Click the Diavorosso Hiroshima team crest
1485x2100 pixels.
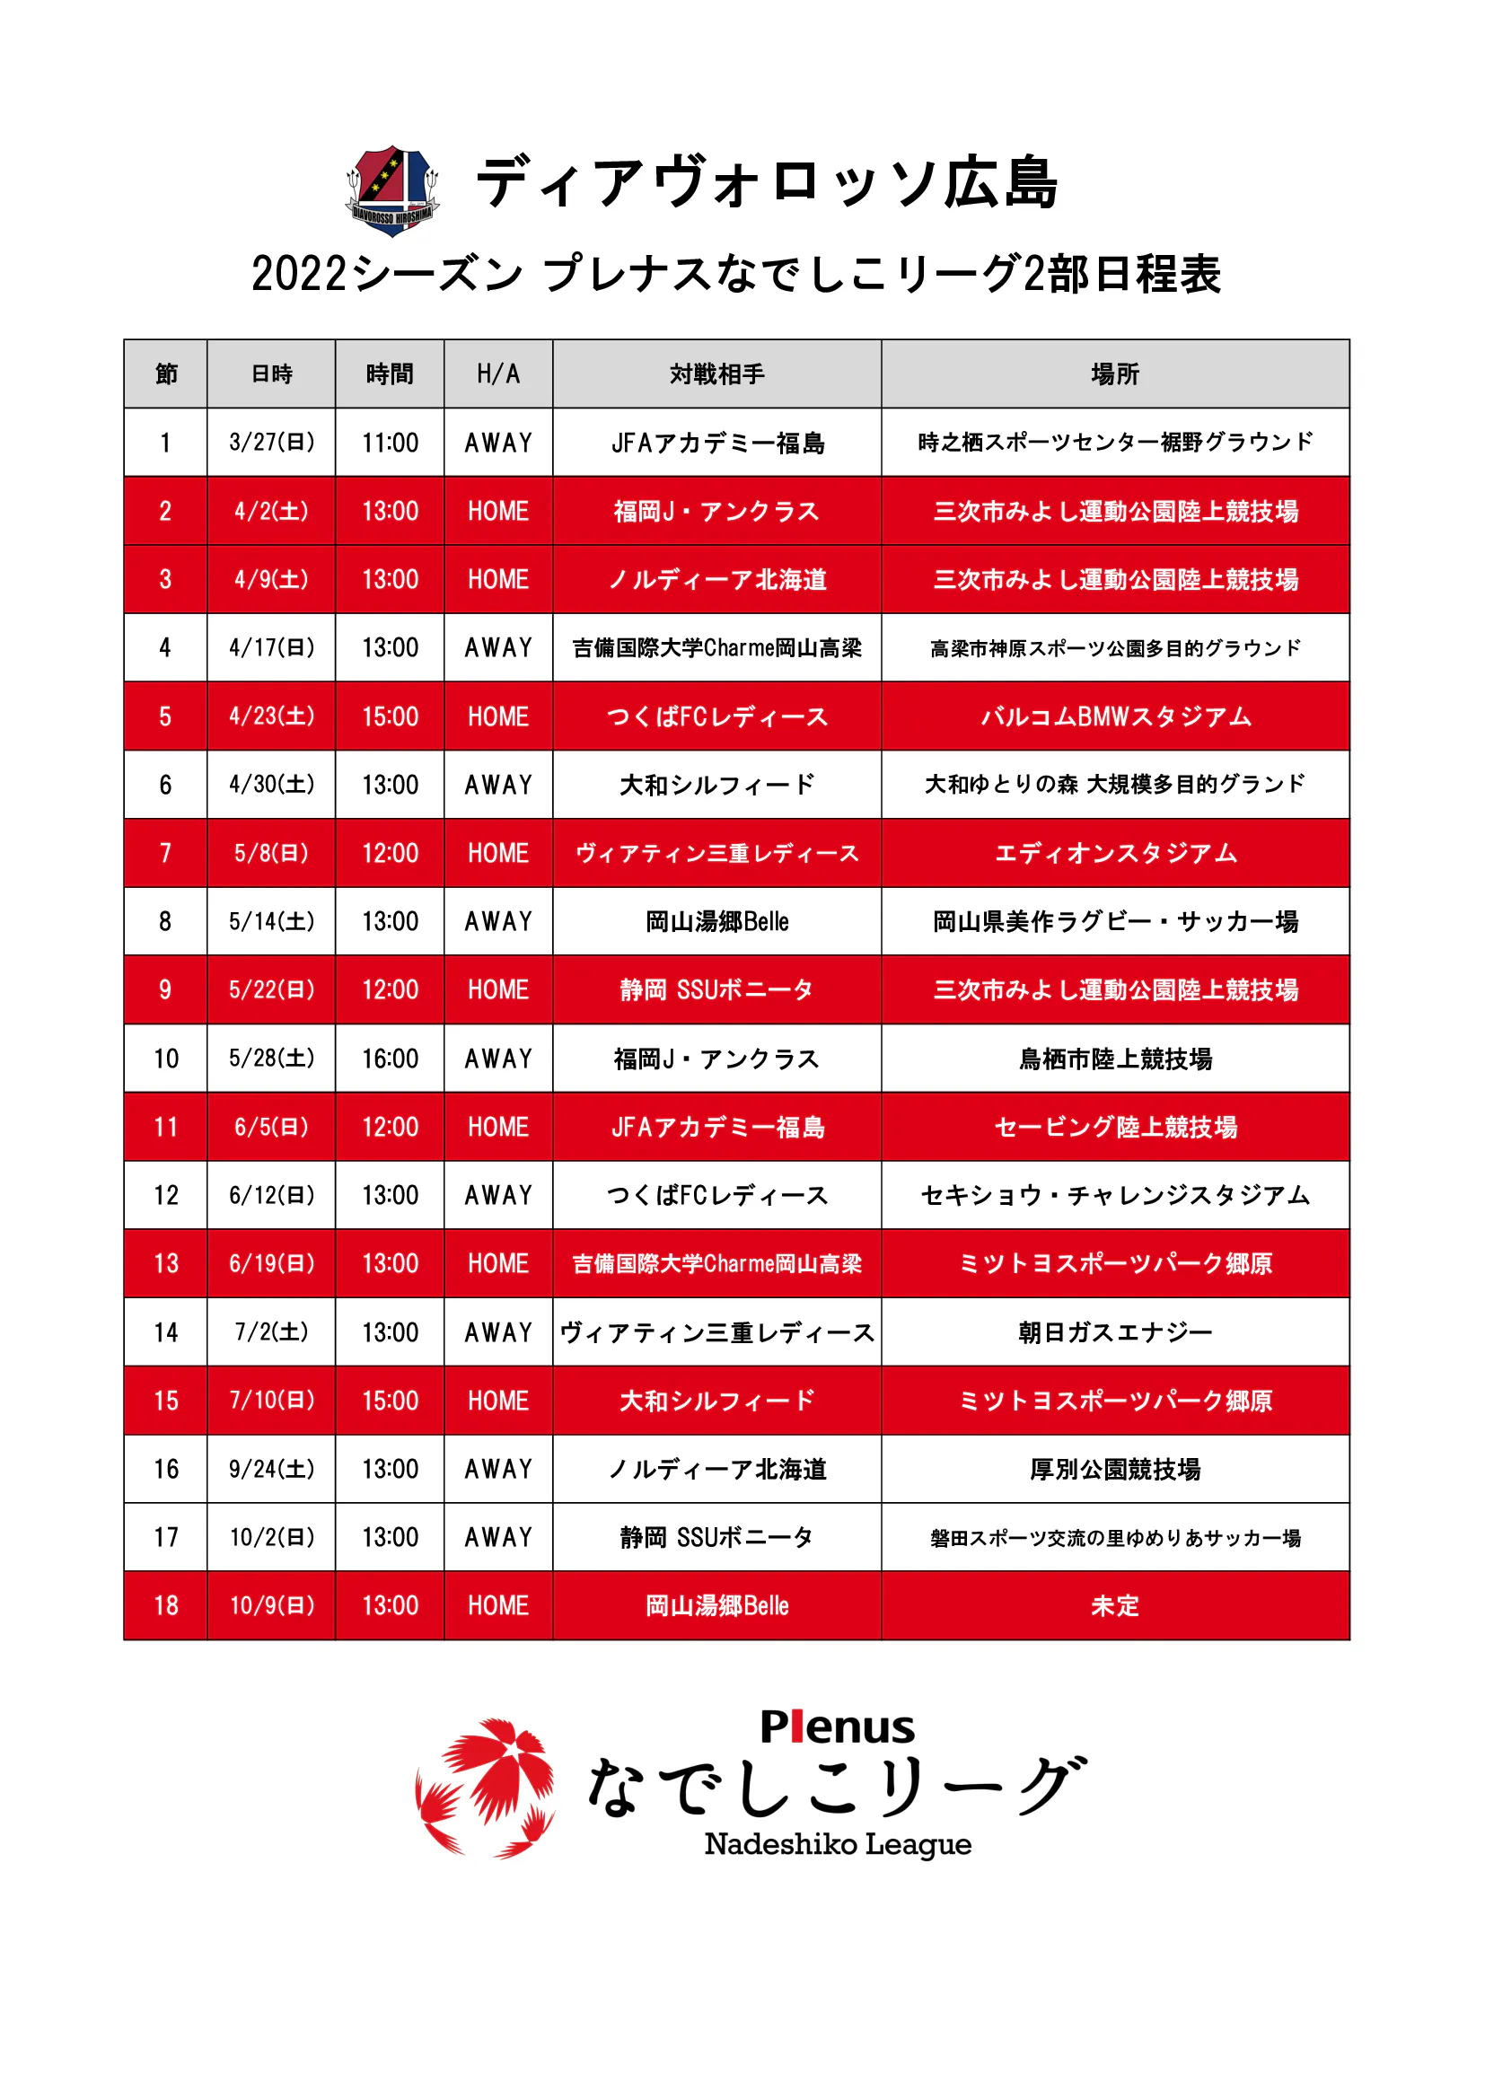click(392, 190)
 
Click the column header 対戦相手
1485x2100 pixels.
click(716, 374)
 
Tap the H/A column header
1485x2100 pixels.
click(498, 374)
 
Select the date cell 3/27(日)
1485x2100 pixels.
click(271, 443)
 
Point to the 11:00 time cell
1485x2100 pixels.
click(390, 443)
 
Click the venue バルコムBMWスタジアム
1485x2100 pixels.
click(1115, 716)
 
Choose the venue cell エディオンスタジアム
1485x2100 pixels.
click(1115, 853)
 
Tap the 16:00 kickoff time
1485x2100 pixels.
click(390, 1059)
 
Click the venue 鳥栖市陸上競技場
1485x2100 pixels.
click(1115, 1059)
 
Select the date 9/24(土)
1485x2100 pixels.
click(271, 1469)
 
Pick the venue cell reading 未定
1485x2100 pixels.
click(1115, 1606)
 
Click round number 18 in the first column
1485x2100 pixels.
click(165, 1606)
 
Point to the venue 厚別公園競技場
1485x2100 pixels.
click(1115, 1469)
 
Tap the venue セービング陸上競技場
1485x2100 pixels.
click(1115, 1127)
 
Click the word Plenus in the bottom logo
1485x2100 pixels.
click(837, 1727)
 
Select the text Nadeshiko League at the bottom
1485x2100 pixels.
click(837, 1845)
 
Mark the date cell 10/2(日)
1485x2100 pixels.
click(271, 1537)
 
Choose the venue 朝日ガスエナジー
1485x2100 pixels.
click(1115, 1332)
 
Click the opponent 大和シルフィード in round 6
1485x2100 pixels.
click(716, 785)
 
